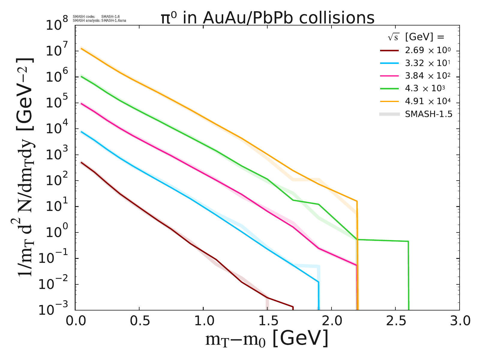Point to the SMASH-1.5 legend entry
click(x=428, y=114)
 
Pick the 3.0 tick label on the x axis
click(x=459, y=321)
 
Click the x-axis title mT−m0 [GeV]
click(x=267, y=340)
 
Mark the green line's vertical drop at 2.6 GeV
click(x=408, y=276)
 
